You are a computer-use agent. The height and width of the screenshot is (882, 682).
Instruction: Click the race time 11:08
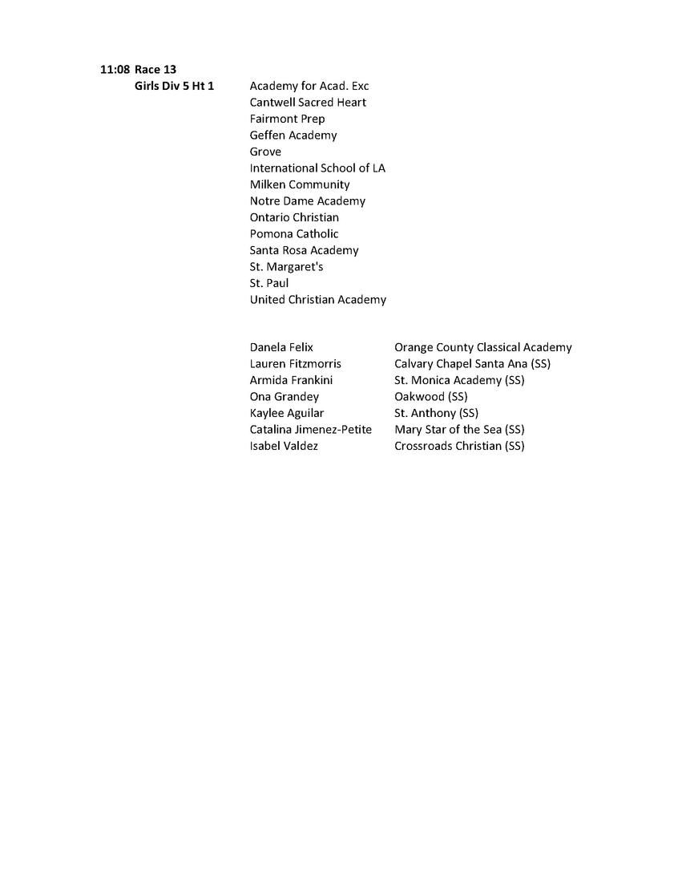click(115, 70)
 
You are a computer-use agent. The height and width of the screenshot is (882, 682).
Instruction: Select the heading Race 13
click(155, 70)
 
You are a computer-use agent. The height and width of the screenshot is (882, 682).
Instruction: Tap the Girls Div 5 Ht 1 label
click(174, 86)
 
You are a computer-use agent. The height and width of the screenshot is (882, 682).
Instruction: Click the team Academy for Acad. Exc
click(309, 86)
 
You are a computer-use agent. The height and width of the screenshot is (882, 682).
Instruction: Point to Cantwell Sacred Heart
click(308, 103)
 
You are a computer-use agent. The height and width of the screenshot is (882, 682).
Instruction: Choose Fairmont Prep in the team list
click(287, 119)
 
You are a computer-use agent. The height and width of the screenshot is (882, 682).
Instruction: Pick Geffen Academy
click(293, 136)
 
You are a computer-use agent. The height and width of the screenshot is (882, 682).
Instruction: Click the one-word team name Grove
click(265, 152)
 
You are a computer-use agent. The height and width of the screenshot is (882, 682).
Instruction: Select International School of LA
click(317, 168)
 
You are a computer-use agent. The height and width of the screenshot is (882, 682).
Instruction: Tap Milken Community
click(300, 184)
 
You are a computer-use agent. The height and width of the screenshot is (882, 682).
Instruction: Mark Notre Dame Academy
click(307, 201)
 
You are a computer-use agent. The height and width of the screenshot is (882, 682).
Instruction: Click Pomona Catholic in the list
click(294, 234)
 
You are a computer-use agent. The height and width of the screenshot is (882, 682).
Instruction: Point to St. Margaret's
click(286, 267)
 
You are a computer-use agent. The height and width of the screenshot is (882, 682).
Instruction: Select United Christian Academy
click(317, 300)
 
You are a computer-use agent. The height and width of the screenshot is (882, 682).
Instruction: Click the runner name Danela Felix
click(281, 348)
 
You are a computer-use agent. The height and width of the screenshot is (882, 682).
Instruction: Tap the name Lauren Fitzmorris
click(295, 364)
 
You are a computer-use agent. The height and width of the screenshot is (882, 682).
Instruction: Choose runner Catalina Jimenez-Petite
click(310, 430)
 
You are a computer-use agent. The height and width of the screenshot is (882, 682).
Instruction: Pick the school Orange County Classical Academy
click(482, 348)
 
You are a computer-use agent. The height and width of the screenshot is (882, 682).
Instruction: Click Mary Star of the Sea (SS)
click(459, 430)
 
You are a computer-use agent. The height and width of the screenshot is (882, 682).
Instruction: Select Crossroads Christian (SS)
click(459, 446)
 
